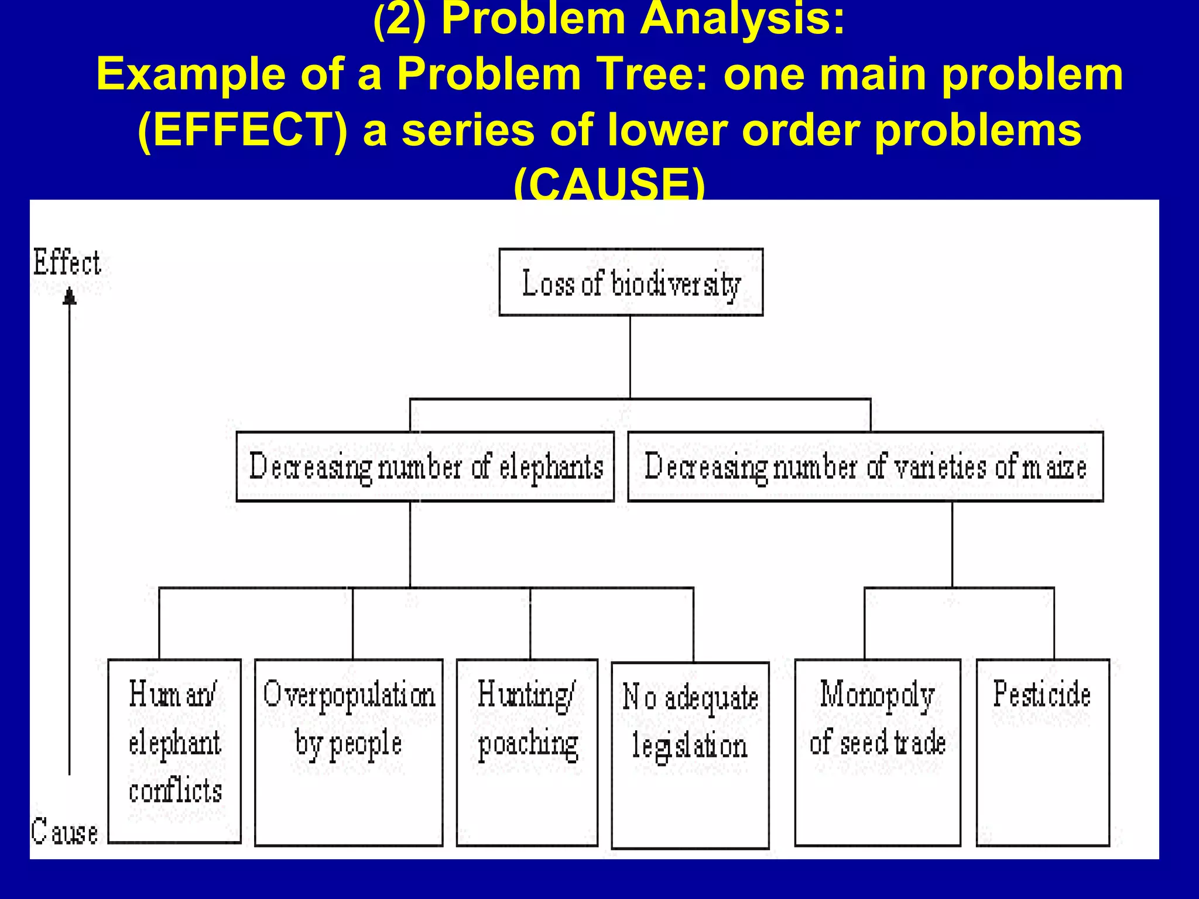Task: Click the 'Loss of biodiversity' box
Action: (x=631, y=283)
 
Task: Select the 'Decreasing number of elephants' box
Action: (x=425, y=466)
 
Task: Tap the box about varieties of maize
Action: (x=865, y=466)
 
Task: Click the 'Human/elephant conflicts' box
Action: (x=174, y=751)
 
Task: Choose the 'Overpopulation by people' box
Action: (x=349, y=752)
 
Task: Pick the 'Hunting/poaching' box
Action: (x=527, y=752)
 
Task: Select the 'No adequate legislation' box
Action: (x=690, y=755)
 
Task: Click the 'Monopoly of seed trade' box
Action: (x=877, y=752)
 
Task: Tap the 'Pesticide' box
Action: (x=1042, y=752)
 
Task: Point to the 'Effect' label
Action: (x=67, y=263)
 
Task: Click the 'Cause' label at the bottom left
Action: (x=64, y=832)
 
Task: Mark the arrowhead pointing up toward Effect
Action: (x=70, y=296)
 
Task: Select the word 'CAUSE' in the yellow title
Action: (x=609, y=184)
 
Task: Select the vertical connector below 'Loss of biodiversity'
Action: (x=630, y=357)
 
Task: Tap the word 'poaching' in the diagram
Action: (x=528, y=745)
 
